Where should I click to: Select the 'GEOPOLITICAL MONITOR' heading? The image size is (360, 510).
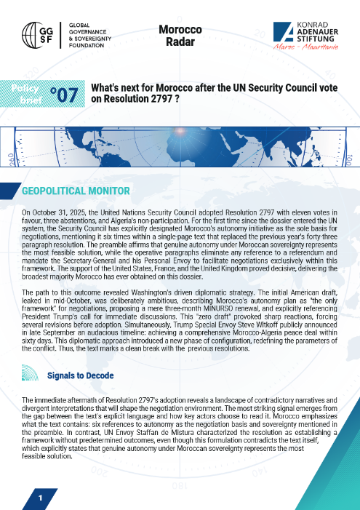point(76,191)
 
